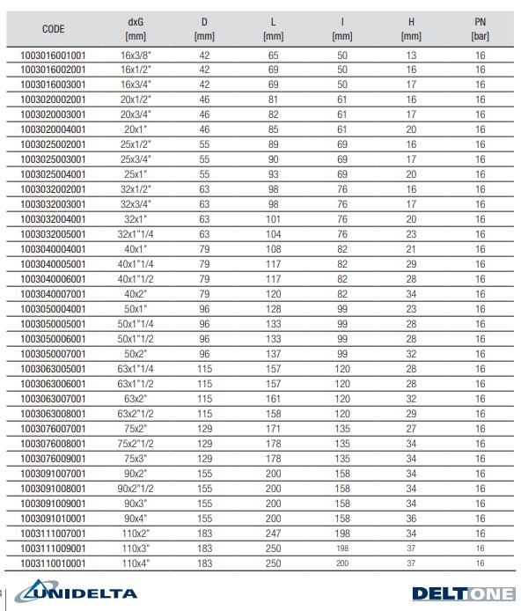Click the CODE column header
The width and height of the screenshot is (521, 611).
pyautogui.click(x=54, y=29)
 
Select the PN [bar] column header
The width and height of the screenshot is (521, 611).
pyautogui.click(x=481, y=29)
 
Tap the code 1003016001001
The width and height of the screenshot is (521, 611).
pyautogui.click(x=54, y=55)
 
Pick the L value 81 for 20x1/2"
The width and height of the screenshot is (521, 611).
pyautogui.click(x=273, y=100)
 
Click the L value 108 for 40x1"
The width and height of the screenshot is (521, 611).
pyautogui.click(x=273, y=250)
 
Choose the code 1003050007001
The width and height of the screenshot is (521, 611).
pyautogui.click(x=54, y=353)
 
